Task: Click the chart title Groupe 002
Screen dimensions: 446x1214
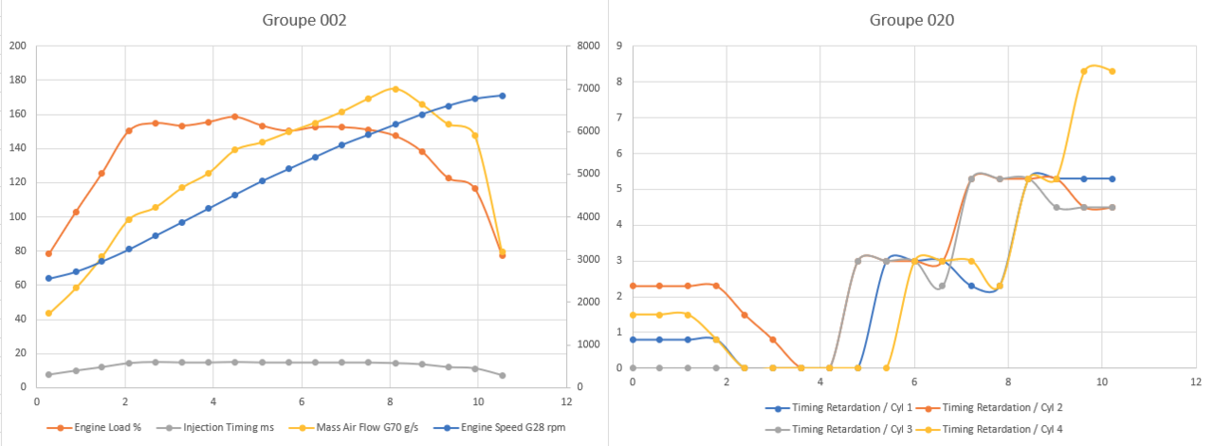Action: (x=303, y=20)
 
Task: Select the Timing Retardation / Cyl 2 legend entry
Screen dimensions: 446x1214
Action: (x=1004, y=408)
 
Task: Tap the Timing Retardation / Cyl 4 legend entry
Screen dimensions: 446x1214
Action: (x=1004, y=429)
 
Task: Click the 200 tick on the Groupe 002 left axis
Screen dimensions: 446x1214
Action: (x=18, y=46)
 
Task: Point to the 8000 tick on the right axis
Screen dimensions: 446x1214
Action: (x=586, y=46)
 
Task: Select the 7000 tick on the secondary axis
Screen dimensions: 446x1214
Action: (x=586, y=88)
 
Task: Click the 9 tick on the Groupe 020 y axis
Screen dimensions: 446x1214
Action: (x=618, y=46)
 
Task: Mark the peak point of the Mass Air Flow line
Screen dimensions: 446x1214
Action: (x=395, y=89)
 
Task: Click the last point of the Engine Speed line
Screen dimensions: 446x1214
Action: (x=502, y=96)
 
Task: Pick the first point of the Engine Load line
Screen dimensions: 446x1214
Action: (x=48, y=253)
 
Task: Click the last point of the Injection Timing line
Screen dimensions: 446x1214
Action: (x=502, y=376)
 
